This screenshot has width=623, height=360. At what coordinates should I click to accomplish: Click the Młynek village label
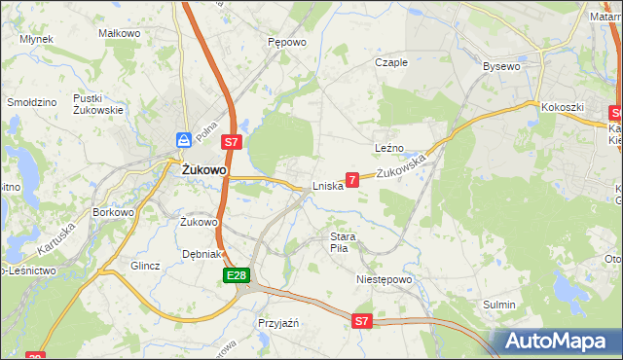36,39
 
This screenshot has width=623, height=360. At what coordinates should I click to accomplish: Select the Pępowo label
287,43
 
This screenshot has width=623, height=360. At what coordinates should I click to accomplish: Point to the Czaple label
391,62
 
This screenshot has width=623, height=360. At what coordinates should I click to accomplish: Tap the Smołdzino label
30,101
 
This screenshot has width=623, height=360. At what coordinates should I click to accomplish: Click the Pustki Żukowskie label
97,104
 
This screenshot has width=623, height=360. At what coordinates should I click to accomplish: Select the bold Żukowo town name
204,169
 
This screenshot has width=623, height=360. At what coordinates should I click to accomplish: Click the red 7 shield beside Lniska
352,179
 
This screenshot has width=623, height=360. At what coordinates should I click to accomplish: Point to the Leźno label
388,147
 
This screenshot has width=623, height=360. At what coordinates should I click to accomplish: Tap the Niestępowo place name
384,279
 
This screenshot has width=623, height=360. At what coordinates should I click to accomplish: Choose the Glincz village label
144,265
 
